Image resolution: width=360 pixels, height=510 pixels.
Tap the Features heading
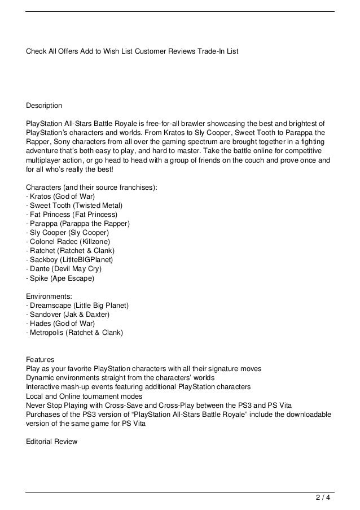coord(41,359)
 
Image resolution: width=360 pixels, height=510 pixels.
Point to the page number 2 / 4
coord(322,498)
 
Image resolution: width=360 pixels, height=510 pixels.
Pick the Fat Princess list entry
coord(72,214)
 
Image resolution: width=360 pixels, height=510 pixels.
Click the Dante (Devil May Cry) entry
coord(64,268)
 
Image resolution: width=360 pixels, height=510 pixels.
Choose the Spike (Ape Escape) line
coord(60,278)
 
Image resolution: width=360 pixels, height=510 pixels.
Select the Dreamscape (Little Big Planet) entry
coord(78,306)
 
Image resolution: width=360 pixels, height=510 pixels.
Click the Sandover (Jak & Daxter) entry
coord(68,314)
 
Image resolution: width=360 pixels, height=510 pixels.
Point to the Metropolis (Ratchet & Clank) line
coord(74,332)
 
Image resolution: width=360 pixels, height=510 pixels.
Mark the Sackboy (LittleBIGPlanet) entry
coord(70,259)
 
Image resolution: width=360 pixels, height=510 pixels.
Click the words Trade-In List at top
coord(218,51)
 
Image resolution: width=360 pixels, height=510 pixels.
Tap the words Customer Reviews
coord(165,51)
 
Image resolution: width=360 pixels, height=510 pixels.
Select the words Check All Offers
coord(52,51)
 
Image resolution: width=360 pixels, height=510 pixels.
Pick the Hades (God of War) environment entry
coord(61,323)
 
